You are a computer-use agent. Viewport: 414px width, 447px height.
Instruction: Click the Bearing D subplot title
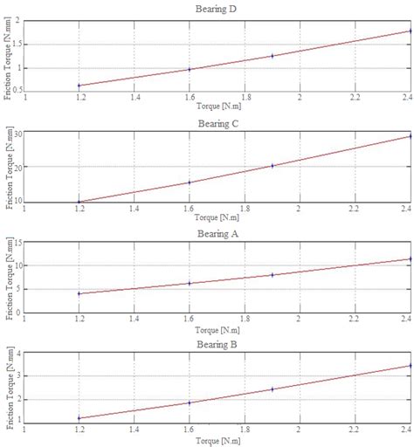tap(218, 10)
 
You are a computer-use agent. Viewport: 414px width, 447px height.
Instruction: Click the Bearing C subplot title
tap(218, 123)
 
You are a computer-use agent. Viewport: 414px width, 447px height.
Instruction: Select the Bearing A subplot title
tap(218, 235)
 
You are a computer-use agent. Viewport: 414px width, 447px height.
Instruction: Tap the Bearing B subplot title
tap(218, 346)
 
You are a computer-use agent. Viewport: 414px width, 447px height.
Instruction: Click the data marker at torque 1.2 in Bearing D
tap(79, 86)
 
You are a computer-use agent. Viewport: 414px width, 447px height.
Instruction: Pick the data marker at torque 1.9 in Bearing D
tap(272, 56)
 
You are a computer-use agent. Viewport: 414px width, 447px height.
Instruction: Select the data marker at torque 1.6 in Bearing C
tap(190, 182)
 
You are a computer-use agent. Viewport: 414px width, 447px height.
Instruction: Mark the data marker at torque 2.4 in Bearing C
tap(410, 136)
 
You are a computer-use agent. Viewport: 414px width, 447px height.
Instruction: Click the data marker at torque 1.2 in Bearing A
tap(79, 293)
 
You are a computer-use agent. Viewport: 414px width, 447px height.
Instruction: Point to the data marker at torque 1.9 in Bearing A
tap(272, 275)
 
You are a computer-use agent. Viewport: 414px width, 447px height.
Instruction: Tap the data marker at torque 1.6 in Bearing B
tap(190, 402)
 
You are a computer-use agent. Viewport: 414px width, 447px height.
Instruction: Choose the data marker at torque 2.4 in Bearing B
tap(410, 366)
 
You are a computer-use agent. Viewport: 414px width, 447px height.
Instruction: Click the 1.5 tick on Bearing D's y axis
tap(18, 44)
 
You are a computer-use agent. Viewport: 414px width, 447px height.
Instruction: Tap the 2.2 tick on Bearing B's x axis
tap(355, 431)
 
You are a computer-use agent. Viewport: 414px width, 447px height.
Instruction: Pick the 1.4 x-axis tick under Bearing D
tap(135, 99)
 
